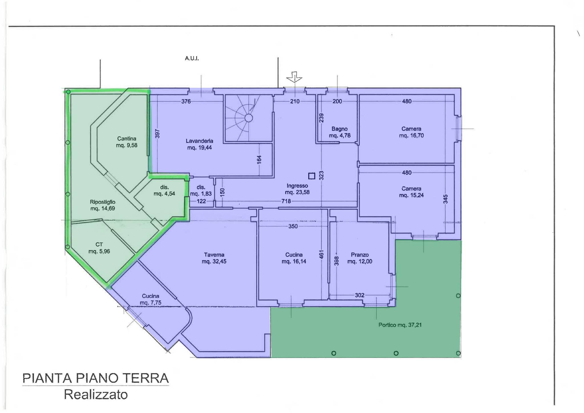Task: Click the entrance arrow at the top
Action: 295,76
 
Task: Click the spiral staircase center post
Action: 248,118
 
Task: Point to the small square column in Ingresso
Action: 312,176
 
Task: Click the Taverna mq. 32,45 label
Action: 214,258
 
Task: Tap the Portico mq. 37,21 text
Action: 400,325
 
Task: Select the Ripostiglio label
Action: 103,202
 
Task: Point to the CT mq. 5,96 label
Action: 99,248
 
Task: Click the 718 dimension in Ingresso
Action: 286,201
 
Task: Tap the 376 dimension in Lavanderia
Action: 186,101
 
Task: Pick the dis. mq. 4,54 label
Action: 164,190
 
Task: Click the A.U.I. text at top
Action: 192,58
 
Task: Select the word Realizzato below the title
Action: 96,395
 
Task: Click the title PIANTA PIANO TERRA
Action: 96,378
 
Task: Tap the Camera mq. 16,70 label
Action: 411,132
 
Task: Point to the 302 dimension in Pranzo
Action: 360,295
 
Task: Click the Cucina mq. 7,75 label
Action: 151,299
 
